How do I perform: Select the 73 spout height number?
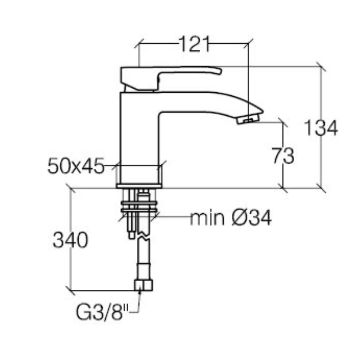(x=283, y=156)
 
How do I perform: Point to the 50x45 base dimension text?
(x=76, y=167)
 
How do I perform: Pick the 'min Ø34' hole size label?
(x=230, y=219)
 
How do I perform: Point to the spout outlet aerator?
(x=248, y=119)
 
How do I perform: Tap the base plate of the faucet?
(x=139, y=185)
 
